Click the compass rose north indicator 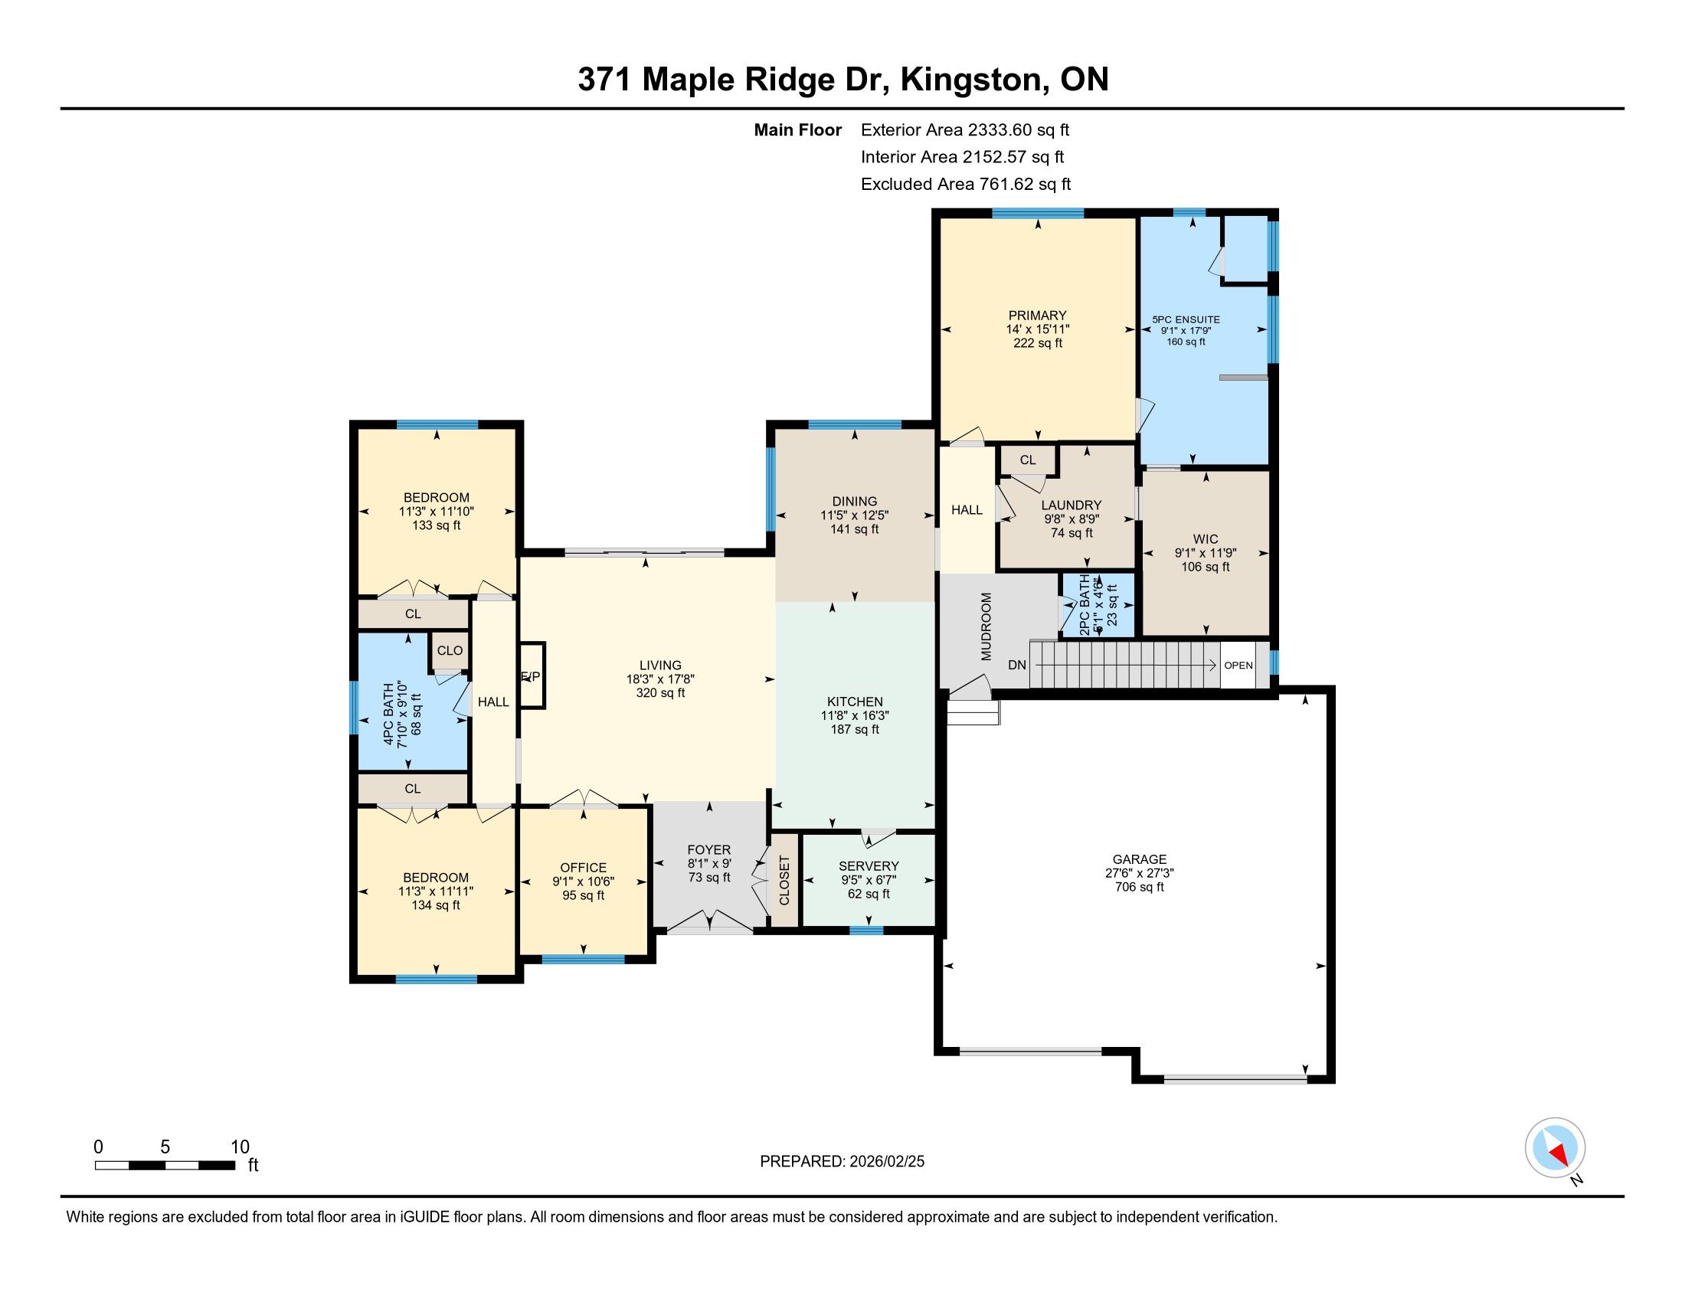tap(1556, 1148)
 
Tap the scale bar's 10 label tap(240, 1147)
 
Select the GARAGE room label tap(1140, 859)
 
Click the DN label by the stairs tap(1017, 665)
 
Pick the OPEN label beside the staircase tap(1238, 666)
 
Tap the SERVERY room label tap(869, 866)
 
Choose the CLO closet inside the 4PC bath tap(450, 650)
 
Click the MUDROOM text tap(986, 626)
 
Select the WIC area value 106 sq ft tap(1205, 567)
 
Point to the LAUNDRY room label tap(1071, 505)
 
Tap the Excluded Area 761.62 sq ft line tap(966, 185)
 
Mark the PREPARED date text tap(842, 1162)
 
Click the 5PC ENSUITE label tap(1186, 319)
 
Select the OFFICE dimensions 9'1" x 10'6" tap(584, 882)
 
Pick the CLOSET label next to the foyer tap(784, 880)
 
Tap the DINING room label tap(855, 502)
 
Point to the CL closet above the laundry tap(1028, 460)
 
